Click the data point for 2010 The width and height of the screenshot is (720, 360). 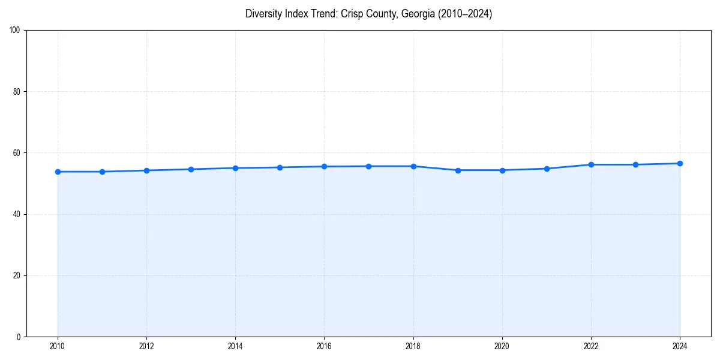pyautogui.click(x=58, y=172)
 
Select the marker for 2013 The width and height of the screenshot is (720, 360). pyautogui.click(x=191, y=169)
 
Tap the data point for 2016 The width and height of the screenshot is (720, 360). pyautogui.click(x=324, y=166)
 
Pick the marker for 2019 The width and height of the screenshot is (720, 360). pyautogui.click(x=458, y=170)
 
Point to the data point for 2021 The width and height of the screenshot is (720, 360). pyautogui.click(x=547, y=169)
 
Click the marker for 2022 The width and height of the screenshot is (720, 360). pyautogui.click(x=591, y=164)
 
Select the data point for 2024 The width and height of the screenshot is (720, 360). pyautogui.click(x=680, y=163)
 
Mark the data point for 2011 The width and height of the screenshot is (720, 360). pyautogui.click(x=102, y=172)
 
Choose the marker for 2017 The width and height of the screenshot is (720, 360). pyautogui.click(x=368, y=166)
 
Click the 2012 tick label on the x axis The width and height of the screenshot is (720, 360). pyautogui.click(x=146, y=346)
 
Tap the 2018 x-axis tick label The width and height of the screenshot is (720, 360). pyautogui.click(x=413, y=346)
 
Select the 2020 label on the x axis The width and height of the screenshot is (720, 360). pyautogui.click(x=502, y=346)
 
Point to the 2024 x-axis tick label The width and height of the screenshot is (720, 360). pyautogui.click(x=680, y=346)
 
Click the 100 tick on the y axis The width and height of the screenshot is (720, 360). pyautogui.click(x=15, y=31)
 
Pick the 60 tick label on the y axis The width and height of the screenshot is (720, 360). pyautogui.click(x=17, y=153)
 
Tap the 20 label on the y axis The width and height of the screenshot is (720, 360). pyautogui.click(x=17, y=275)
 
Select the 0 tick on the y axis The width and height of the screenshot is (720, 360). pyautogui.click(x=19, y=337)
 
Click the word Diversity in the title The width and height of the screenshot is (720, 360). pyautogui.click(x=263, y=14)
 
